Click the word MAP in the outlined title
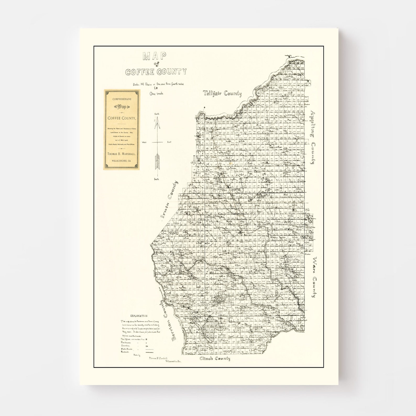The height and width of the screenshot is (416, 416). (x=154, y=56)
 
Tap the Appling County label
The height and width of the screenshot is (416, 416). (x=312, y=137)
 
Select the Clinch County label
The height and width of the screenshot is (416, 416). (x=215, y=359)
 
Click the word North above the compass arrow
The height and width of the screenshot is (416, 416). (x=157, y=114)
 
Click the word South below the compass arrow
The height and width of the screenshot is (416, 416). (x=156, y=179)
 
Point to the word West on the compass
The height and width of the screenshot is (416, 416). (x=144, y=142)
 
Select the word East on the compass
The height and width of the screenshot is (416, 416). (x=169, y=142)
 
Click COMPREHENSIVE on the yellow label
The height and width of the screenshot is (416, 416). (x=122, y=99)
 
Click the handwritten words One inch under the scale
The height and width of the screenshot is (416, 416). (x=156, y=94)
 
